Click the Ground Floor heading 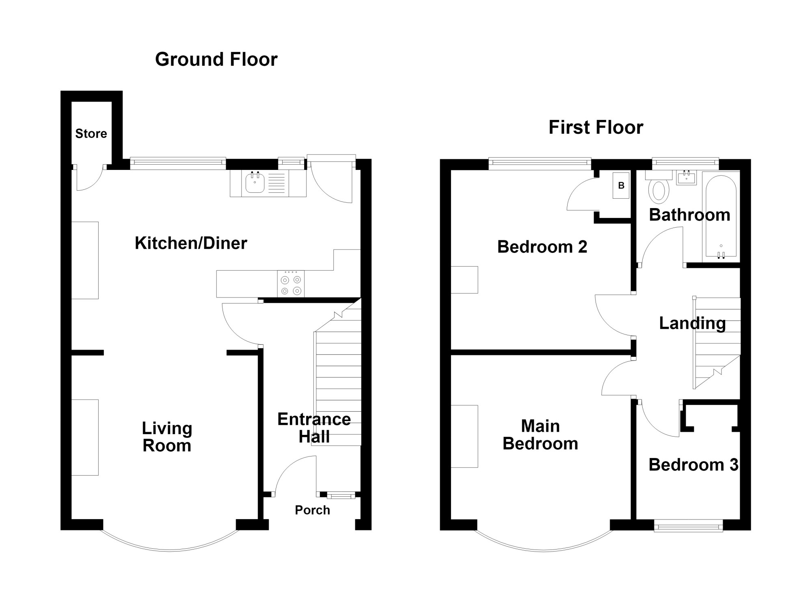tap(216, 60)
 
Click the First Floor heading tap(596, 127)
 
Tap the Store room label tap(91, 134)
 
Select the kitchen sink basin tap(255, 183)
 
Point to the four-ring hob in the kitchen tap(291, 284)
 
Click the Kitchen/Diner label tap(191, 243)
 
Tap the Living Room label tap(167, 437)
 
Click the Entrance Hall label tap(314, 428)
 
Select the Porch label tap(312, 510)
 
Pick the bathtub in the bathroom tap(721, 216)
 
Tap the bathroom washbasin tap(686, 178)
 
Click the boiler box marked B tap(621, 185)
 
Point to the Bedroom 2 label tap(542, 247)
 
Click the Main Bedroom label tap(540, 435)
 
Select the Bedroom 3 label tap(693, 465)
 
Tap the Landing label tap(692, 323)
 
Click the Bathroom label tap(689, 215)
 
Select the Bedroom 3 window tap(689, 528)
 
